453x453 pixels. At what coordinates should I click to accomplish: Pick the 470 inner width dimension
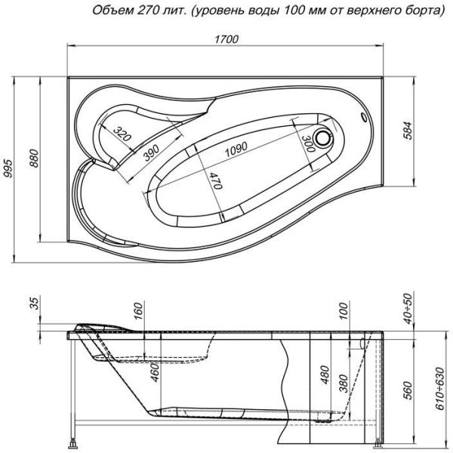pyautogui.click(x=215, y=181)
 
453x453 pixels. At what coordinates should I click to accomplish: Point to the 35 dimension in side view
pyautogui.click(x=34, y=305)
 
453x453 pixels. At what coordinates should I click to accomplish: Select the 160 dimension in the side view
pyautogui.click(x=139, y=312)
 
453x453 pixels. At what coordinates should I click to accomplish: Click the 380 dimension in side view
pyautogui.click(x=344, y=385)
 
